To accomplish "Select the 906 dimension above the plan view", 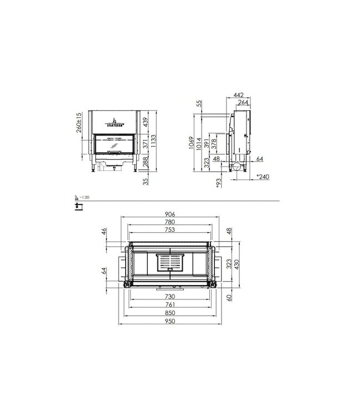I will tap(171, 216).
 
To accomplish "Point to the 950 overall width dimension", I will tap(171, 321).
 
